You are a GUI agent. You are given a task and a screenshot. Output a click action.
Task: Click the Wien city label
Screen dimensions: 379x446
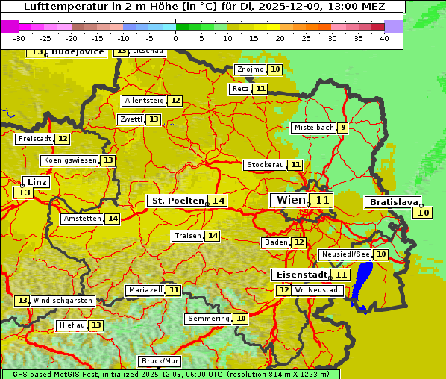(290, 200)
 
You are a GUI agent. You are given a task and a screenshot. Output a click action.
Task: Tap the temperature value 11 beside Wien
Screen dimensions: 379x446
(322, 200)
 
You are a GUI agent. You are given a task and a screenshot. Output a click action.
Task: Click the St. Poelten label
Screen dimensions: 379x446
(177, 201)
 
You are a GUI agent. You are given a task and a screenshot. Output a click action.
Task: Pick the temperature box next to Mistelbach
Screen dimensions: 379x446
(342, 128)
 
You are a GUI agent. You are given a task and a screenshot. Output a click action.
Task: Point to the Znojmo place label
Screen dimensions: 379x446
(250, 69)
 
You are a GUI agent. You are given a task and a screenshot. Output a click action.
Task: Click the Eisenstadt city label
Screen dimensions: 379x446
(299, 275)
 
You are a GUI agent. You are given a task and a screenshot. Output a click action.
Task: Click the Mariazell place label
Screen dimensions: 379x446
(145, 289)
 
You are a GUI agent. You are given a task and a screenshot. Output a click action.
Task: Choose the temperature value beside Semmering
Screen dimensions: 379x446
(241, 319)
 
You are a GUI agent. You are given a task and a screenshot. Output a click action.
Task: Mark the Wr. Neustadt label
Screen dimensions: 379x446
(318, 289)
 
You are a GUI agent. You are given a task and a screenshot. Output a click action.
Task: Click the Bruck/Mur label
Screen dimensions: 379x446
(160, 361)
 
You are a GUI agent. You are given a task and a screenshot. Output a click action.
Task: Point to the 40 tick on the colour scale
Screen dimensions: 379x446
(384, 38)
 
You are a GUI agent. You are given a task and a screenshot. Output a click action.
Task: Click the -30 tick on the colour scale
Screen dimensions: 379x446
(19, 38)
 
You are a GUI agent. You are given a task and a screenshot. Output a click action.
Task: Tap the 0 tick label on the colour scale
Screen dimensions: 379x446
(176, 38)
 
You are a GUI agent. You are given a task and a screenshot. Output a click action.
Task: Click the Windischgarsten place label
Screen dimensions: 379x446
(63, 301)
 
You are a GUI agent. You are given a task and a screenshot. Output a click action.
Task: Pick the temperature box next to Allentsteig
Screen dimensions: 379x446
(175, 101)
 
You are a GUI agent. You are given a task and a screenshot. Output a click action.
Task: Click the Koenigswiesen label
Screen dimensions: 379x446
(70, 160)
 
